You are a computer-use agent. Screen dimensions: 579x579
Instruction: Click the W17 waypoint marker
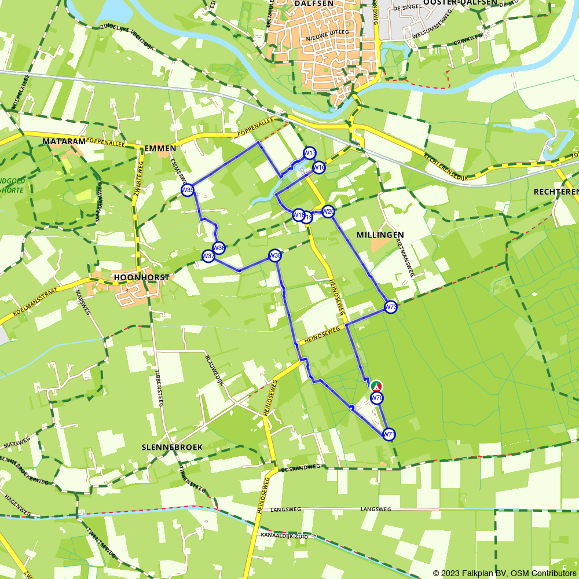click(x=310, y=153)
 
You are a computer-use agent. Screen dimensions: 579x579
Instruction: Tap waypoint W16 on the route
click(x=319, y=167)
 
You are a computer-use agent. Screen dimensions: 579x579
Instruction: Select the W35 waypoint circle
click(x=187, y=190)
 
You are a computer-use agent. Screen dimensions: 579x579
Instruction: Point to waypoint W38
click(x=275, y=255)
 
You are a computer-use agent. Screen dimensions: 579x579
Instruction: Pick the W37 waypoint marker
click(x=208, y=256)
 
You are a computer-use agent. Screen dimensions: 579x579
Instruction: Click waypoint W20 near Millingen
click(x=328, y=212)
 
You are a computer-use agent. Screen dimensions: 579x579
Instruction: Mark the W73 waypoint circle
click(x=391, y=307)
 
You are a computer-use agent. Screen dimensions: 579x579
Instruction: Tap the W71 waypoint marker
click(x=389, y=434)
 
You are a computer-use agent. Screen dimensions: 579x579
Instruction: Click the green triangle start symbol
click(x=376, y=386)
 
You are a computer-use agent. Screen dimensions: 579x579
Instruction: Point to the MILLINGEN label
click(x=380, y=234)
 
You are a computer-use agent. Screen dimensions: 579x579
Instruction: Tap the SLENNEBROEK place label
click(x=164, y=448)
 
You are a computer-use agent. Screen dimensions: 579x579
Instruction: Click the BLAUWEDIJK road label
click(x=213, y=365)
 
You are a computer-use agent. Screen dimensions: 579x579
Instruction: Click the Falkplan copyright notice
click(x=504, y=573)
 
